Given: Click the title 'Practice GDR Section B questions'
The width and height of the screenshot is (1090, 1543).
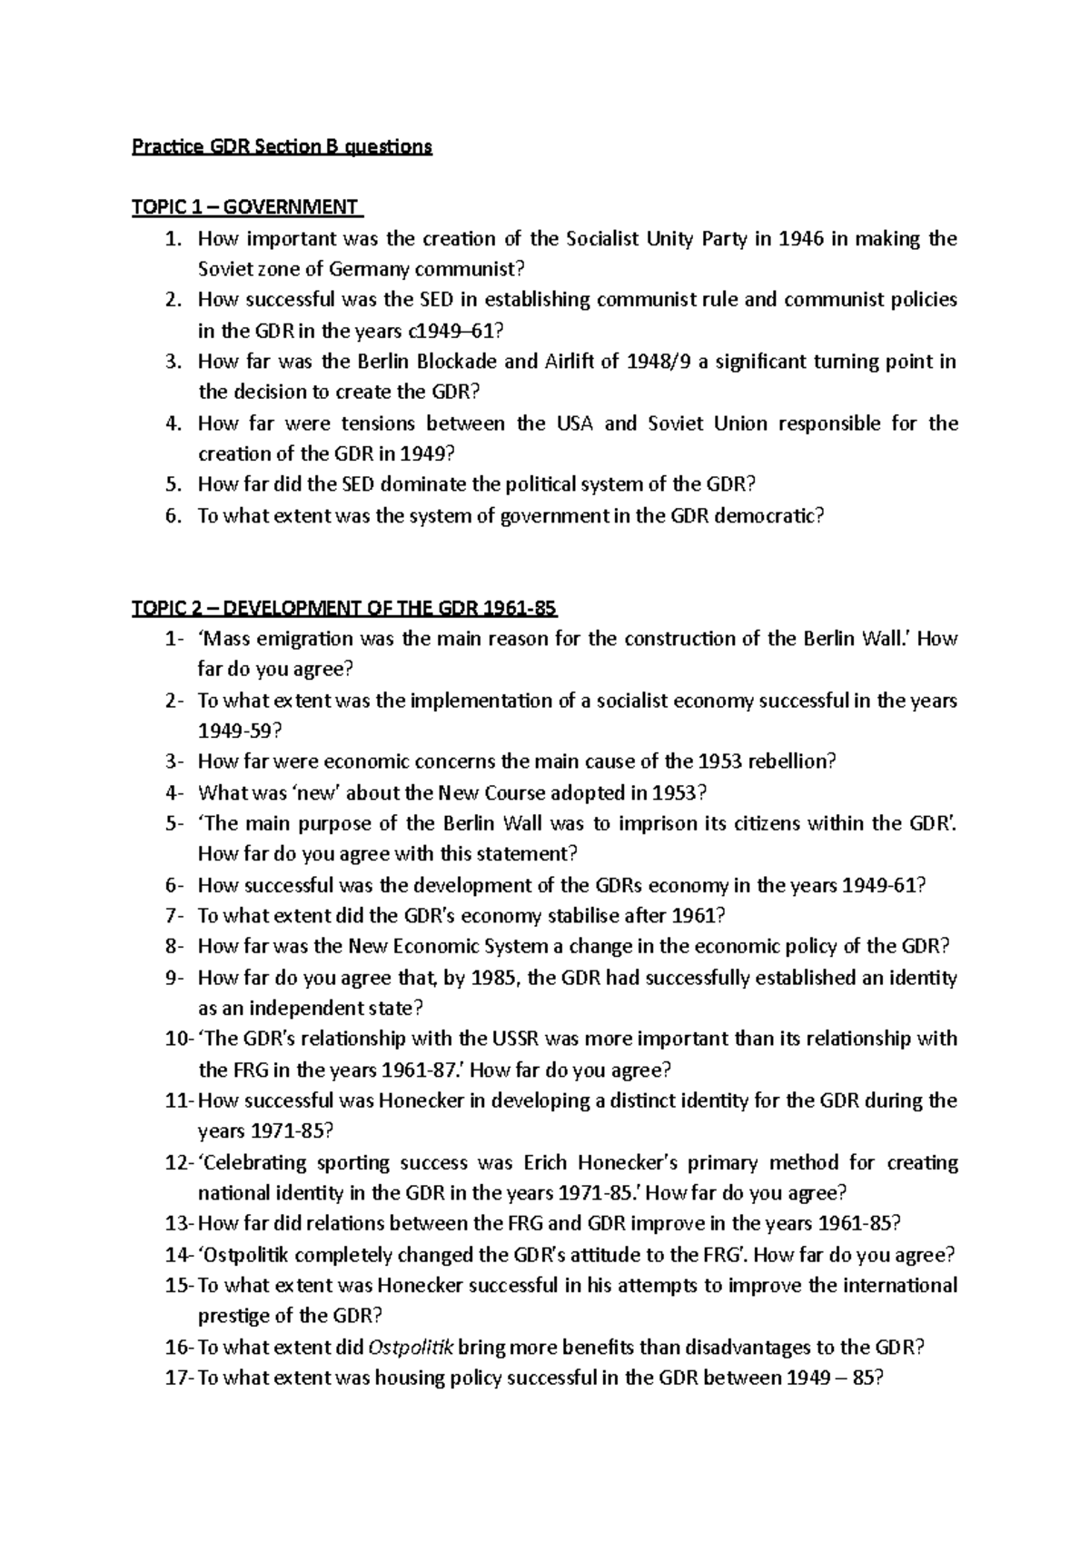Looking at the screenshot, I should coord(282,146).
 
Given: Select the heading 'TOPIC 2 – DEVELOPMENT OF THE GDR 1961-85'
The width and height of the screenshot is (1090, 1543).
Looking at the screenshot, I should coord(344,608).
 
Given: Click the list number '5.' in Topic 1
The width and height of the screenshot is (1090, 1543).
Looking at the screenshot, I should coord(174,485).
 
